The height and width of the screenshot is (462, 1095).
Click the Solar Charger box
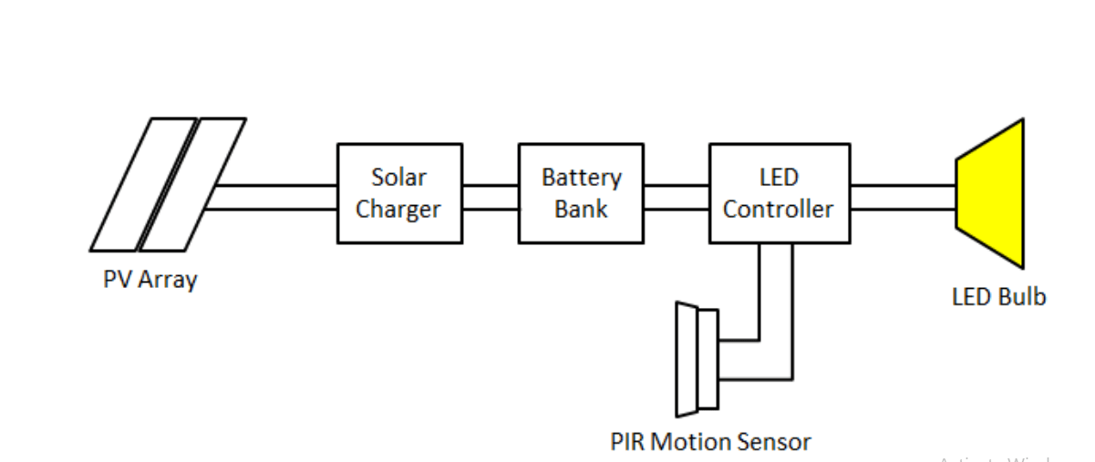click(398, 193)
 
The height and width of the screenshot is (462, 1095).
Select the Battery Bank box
click(581, 193)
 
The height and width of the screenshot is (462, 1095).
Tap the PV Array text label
click(150, 279)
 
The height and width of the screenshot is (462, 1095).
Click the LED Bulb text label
click(998, 297)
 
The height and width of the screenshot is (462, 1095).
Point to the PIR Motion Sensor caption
click(710, 443)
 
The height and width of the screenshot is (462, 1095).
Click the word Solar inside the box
click(398, 177)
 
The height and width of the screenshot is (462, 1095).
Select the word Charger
click(398, 210)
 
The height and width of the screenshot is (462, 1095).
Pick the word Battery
click(581, 177)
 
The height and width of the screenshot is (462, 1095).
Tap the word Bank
click(581, 209)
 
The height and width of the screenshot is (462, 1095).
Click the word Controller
click(778, 210)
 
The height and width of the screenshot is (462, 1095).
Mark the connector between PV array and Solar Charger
click(274, 197)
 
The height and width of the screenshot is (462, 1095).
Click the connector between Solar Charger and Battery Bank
click(490, 197)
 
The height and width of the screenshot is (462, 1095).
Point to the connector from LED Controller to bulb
click(903, 197)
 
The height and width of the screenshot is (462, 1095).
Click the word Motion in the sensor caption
click(697, 443)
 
